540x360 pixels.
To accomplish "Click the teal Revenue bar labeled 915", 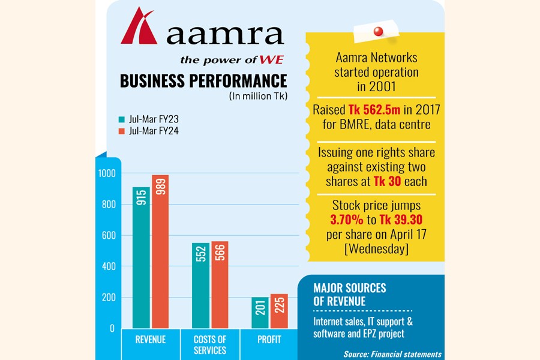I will click(141, 258).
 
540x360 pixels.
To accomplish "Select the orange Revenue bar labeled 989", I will click(160, 252).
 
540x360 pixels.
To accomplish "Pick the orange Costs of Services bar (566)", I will click(220, 285).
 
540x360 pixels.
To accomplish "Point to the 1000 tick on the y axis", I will click(106, 173).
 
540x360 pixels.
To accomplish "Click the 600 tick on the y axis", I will click(107, 236).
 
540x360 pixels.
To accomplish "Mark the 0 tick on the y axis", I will click(112, 328).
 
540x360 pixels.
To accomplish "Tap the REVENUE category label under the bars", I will click(151, 340).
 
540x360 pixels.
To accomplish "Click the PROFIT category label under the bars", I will click(269, 340).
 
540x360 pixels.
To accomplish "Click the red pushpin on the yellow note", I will click(378, 31).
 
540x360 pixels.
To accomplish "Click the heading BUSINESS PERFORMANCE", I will click(203, 81).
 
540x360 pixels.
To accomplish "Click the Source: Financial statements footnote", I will click(393, 354).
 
